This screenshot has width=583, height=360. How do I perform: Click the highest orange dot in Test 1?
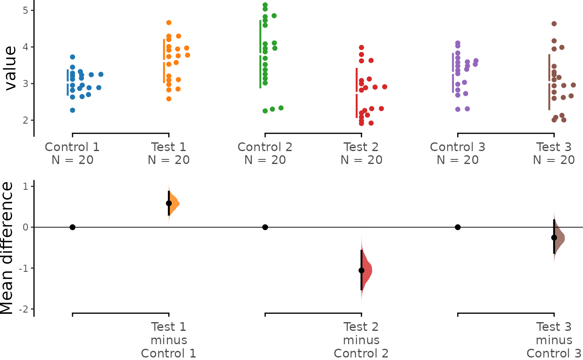coord(169,22)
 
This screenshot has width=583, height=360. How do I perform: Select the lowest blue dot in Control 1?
coord(72,110)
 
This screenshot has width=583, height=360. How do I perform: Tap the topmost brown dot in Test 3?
coord(554,24)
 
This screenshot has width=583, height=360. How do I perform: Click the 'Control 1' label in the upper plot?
coord(72,147)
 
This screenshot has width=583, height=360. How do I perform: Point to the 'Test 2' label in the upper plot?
coord(361,147)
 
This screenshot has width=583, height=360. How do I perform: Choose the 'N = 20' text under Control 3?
coord(458,160)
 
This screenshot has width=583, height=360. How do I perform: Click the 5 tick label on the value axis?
coord(25,10)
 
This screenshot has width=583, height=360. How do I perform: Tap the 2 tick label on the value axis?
coord(25,120)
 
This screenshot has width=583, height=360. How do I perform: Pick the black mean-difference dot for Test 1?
coord(169,203)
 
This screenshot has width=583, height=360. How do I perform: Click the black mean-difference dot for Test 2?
coord(361,271)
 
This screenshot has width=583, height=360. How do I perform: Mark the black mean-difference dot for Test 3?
coord(554,238)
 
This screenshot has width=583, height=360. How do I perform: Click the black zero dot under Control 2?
coord(265,227)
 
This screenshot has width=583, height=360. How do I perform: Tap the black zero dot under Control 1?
coord(72,227)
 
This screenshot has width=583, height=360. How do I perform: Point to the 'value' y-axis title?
coord(10,68)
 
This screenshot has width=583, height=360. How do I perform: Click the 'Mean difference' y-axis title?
coord(7,248)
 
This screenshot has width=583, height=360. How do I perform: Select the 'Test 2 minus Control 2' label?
coord(361,340)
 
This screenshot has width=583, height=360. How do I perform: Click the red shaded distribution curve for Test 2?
coord(366,271)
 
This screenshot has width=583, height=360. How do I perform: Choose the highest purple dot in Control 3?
coord(458,43)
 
